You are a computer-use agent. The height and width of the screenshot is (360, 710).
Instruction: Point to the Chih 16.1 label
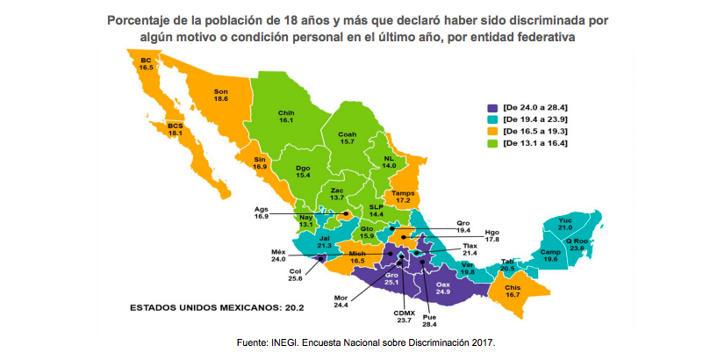(x=285, y=116)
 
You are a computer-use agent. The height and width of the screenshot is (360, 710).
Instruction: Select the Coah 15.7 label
(x=347, y=138)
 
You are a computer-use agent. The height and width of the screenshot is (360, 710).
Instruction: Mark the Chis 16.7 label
(x=513, y=292)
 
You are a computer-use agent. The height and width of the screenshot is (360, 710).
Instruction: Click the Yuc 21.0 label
(x=564, y=223)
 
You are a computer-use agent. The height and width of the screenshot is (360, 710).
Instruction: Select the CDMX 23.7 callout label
(x=405, y=317)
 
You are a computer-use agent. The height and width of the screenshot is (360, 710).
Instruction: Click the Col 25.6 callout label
(x=295, y=275)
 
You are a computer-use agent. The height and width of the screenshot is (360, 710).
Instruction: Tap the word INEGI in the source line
(x=284, y=342)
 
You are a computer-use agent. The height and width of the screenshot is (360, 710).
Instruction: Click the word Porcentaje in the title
(x=143, y=19)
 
